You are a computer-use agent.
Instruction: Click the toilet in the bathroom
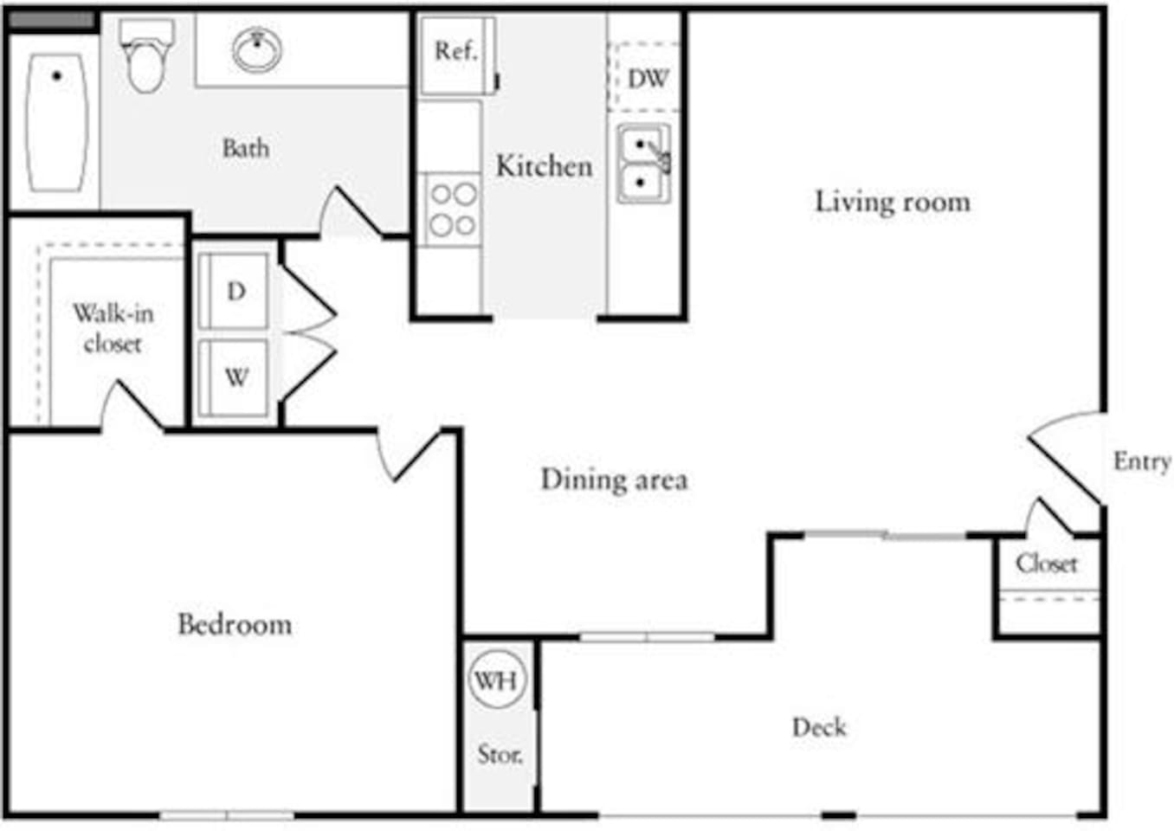tap(145, 59)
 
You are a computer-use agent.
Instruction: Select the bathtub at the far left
tap(57, 122)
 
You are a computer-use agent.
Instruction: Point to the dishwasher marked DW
tap(647, 79)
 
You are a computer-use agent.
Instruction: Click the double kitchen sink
tap(643, 164)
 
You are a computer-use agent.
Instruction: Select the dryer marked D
tap(235, 292)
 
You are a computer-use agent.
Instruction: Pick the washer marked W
tap(235, 377)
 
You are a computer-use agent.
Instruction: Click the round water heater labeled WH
tap(496, 680)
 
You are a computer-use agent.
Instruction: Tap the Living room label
tap(892, 202)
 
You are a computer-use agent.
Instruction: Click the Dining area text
tap(614, 480)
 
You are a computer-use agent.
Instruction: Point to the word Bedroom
tap(235, 624)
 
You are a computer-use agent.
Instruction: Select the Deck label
tap(819, 727)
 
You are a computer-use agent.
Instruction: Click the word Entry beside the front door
tap(1141, 461)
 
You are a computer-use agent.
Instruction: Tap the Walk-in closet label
tap(113, 328)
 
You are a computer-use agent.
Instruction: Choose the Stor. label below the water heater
tap(500, 754)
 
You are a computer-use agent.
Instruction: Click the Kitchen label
tap(544, 166)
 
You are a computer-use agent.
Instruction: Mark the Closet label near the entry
tap(1047, 564)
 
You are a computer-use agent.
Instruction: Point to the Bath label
tap(246, 148)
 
